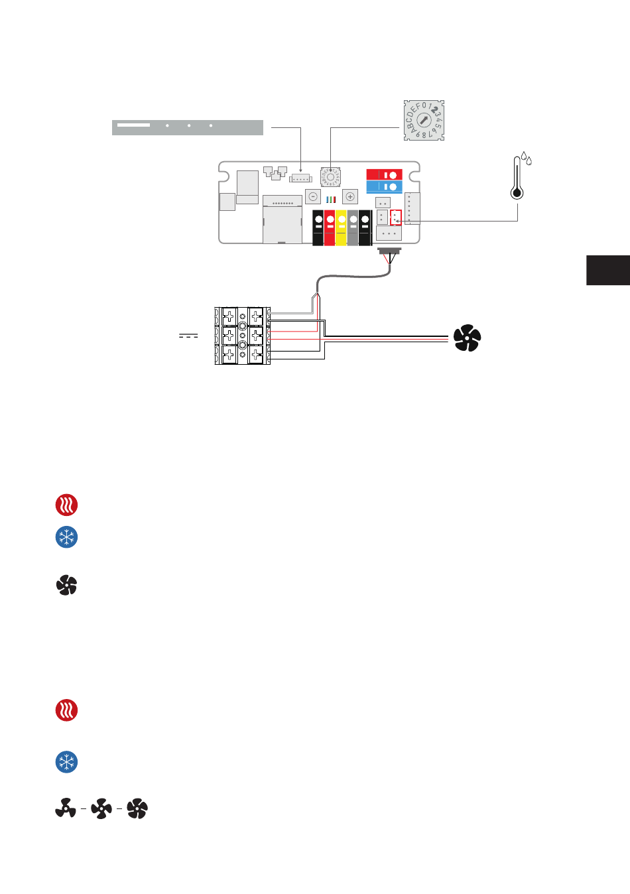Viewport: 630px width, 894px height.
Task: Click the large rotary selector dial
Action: tap(424, 121)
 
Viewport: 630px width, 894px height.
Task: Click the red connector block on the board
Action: tap(384, 174)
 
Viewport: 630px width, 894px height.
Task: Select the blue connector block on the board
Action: tap(384, 186)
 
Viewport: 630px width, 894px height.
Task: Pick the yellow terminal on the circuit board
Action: tap(341, 227)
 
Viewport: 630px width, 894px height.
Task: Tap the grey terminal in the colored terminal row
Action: tap(353, 227)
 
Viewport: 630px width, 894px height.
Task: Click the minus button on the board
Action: tap(313, 196)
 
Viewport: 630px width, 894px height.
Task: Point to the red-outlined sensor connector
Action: tap(396, 218)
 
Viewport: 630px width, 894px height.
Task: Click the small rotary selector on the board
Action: tap(330, 177)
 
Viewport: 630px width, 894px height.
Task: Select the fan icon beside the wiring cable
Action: tap(467, 338)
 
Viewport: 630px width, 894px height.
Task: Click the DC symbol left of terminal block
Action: tap(188, 336)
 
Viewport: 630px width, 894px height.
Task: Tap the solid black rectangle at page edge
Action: tap(608, 270)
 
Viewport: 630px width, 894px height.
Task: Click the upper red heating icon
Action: tap(66, 505)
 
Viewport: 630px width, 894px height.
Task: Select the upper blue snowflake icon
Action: tap(66, 537)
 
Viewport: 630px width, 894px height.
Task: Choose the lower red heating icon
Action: tap(66, 710)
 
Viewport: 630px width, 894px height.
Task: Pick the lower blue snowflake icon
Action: tap(66, 762)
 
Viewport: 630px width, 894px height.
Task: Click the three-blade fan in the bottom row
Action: tap(65, 808)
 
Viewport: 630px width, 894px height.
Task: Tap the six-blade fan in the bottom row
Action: tap(137, 808)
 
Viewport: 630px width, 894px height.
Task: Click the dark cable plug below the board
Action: tap(390, 252)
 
